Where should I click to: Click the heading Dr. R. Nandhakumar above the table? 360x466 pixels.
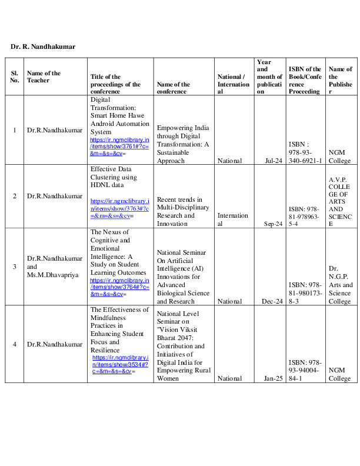click(43, 46)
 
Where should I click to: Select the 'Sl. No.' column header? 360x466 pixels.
click(15, 77)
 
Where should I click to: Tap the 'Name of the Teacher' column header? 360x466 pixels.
click(44, 77)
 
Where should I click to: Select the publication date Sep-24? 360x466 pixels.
click(274, 224)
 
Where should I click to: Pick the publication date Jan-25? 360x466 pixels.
click(274, 379)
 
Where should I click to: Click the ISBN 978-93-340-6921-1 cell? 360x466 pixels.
click(305, 152)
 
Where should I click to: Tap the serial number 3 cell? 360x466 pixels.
click(15, 267)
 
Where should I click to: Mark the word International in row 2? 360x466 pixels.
click(233, 219)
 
